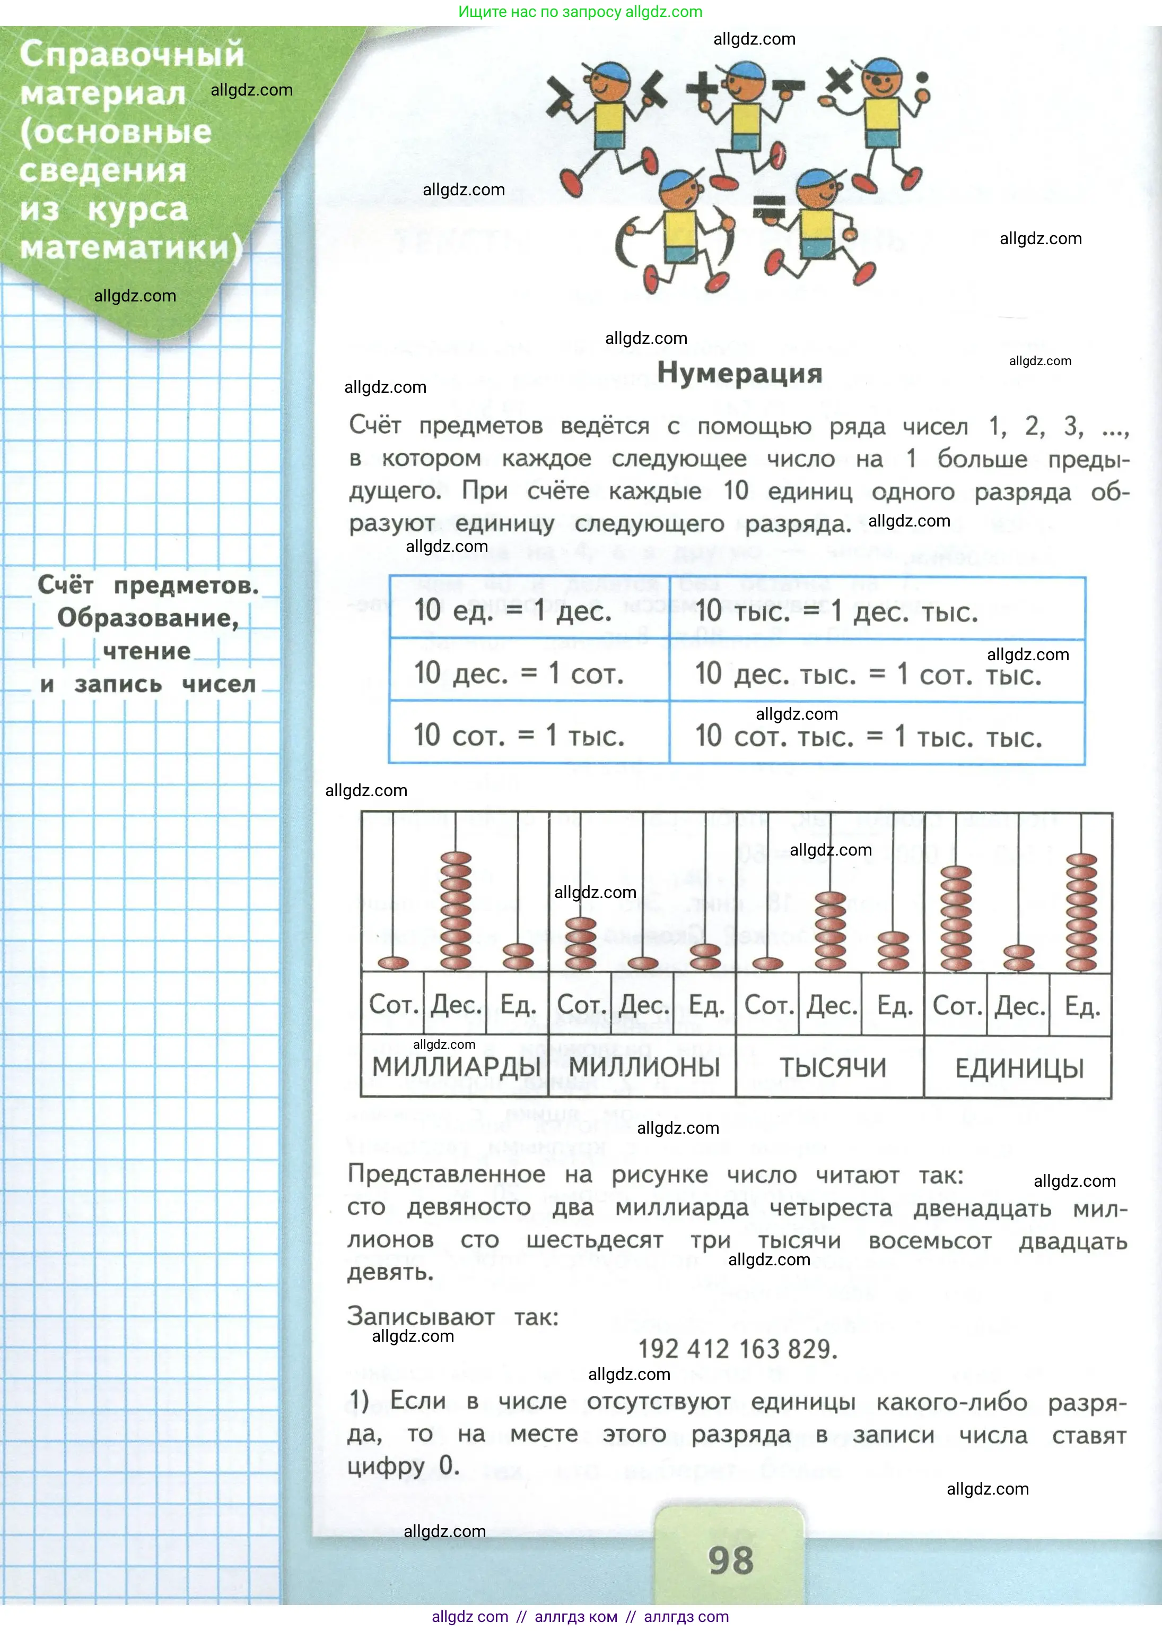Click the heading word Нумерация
[x=739, y=373]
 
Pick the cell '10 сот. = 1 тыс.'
[x=519, y=735]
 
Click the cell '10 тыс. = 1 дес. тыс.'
[x=836, y=611]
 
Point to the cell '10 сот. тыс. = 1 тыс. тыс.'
[x=868, y=736]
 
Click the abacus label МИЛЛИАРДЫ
[x=456, y=1067]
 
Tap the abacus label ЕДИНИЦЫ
[x=1019, y=1069]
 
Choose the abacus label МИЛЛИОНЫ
[x=644, y=1067]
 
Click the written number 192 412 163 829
[x=737, y=1349]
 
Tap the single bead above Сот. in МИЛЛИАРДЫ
[x=393, y=963]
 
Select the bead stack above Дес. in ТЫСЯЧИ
[x=830, y=930]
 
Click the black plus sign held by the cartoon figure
[x=703, y=89]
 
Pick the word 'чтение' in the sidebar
[x=147, y=651]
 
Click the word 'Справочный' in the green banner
[x=132, y=55]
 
